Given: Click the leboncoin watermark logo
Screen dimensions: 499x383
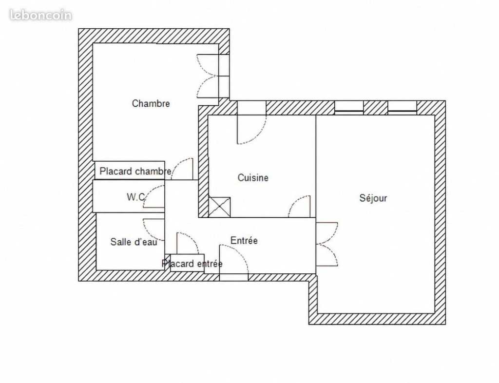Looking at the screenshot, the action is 41,15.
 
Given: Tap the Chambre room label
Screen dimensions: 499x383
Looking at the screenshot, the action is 151,103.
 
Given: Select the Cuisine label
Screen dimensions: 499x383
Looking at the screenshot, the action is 253,177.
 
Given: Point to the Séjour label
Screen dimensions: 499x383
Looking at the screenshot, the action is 373,198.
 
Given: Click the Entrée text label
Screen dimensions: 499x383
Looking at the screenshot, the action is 244,241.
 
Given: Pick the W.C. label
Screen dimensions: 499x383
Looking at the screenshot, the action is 136,197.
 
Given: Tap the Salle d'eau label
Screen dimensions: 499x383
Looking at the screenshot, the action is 134,242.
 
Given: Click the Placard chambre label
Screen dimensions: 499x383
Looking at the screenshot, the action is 135,172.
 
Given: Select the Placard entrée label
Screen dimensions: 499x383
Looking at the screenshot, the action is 192,264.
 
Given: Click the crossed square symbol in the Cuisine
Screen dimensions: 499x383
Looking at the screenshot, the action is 220,207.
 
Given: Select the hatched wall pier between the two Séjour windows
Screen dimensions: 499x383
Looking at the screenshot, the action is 376,108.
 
